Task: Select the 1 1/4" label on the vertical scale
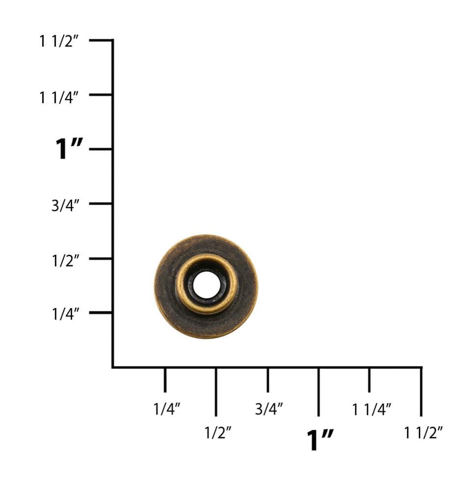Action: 59,97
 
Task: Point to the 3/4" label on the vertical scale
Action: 65,206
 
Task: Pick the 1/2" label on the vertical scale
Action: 65,260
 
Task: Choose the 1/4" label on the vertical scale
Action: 65,314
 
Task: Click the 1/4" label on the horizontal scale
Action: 167,409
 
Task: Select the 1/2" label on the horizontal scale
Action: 218,433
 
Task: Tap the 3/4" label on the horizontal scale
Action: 269,409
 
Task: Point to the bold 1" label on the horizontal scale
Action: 320,439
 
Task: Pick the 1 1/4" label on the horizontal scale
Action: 372,409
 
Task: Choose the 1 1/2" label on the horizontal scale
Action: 424,433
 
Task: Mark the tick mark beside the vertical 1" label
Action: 101,149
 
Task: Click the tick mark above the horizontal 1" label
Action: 318,392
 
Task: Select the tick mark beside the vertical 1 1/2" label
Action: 101,40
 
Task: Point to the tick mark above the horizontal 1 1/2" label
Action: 421,392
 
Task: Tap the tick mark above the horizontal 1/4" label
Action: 165,380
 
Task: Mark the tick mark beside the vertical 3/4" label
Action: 101,203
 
